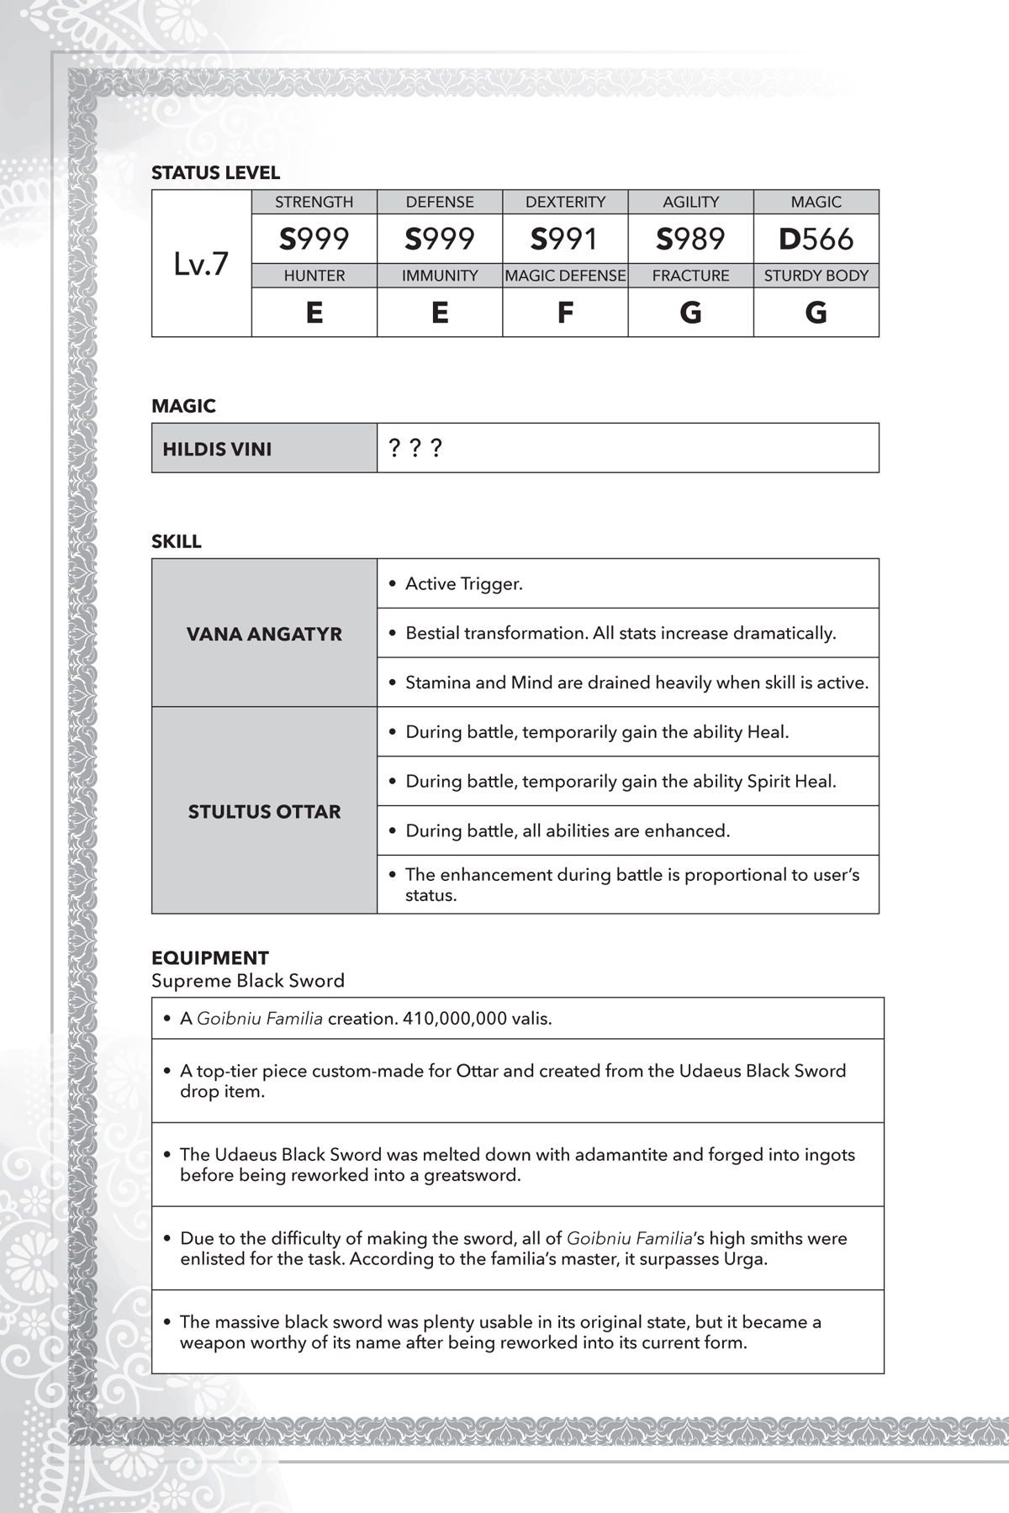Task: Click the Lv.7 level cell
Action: coord(201,264)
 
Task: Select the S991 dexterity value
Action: coord(564,239)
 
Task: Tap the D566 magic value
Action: coord(816,239)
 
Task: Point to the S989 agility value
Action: coord(690,239)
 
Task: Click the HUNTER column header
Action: coord(314,276)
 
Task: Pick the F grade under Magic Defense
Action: coord(565,313)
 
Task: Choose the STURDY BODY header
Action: coord(816,276)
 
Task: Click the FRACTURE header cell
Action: coord(690,276)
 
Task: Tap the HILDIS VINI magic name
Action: coord(217,449)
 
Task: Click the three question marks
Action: coord(415,447)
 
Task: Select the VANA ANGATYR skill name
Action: coord(264,634)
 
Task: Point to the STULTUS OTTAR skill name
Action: coord(264,811)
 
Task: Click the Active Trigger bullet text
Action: coord(463,584)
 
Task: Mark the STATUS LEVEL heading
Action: coord(215,173)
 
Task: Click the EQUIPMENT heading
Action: coord(210,958)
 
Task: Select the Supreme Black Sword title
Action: coord(248,981)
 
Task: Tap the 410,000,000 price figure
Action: coord(455,1019)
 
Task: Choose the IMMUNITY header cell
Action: coord(440,276)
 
